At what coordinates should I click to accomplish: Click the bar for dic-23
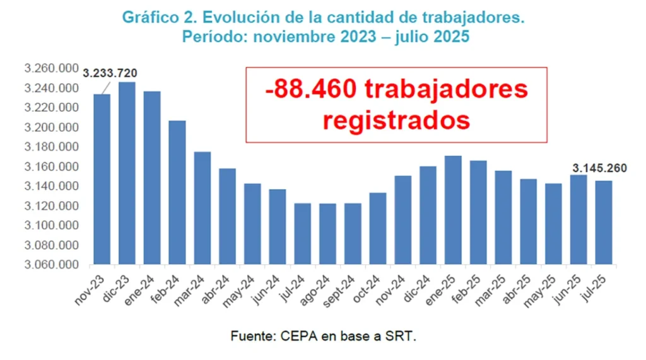pyautogui.click(x=127, y=173)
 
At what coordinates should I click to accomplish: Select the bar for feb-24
pyautogui.click(x=177, y=192)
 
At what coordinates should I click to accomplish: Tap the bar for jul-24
pyautogui.click(x=303, y=233)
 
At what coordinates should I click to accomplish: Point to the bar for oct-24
pyautogui.click(x=378, y=228)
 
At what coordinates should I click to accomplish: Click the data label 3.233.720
pyautogui.click(x=110, y=73)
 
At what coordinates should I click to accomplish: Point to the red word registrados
pyautogui.click(x=396, y=120)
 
